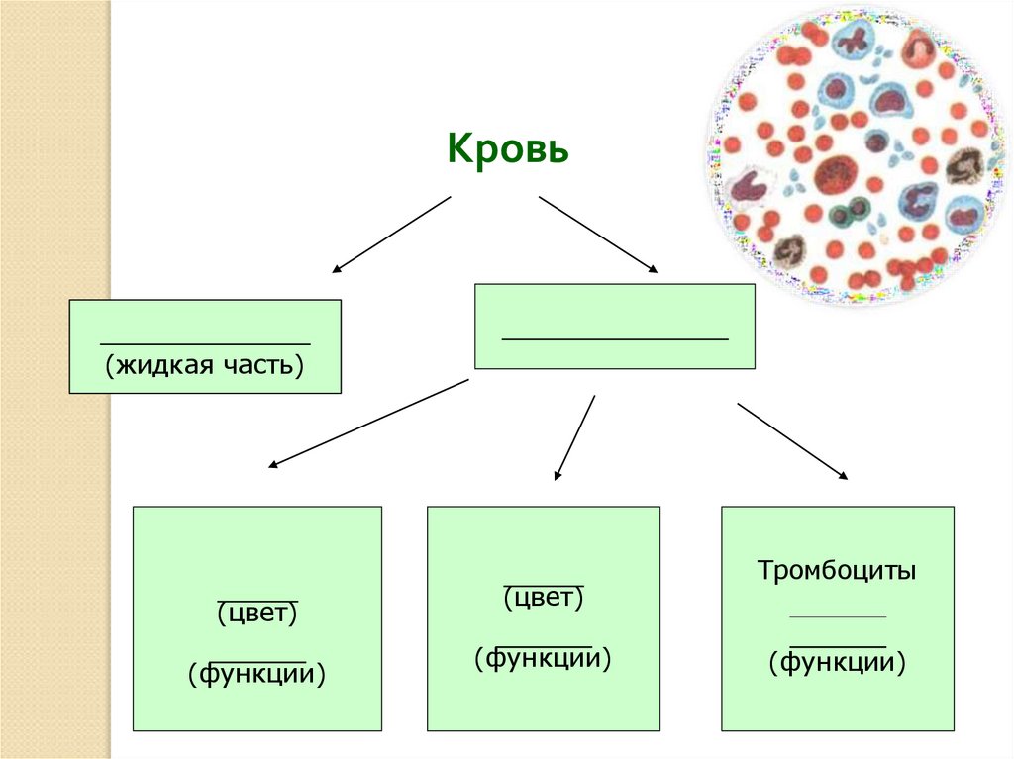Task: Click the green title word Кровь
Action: [507, 150]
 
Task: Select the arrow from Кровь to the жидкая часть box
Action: [391, 234]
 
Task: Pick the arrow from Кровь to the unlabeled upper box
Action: [598, 234]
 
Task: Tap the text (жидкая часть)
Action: [204, 364]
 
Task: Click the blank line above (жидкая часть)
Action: [205, 343]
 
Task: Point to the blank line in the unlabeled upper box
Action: [615, 339]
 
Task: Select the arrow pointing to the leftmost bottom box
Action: [368, 423]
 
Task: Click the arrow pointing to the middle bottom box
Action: [575, 437]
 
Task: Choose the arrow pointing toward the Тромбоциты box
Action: [792, 441]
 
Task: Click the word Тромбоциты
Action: [837, 571]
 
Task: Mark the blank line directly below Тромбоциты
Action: [838, 617]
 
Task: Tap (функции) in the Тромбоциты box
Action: [838, 661]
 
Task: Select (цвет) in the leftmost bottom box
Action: [257, 613]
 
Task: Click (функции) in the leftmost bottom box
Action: [257, 675]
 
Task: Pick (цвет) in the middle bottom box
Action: [544, 597]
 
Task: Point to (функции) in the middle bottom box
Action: [544, 658]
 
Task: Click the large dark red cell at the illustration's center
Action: [835, 175]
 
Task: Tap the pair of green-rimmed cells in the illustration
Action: [849, 210]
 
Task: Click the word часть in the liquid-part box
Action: [258, 364]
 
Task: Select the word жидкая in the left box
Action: [157, 364]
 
